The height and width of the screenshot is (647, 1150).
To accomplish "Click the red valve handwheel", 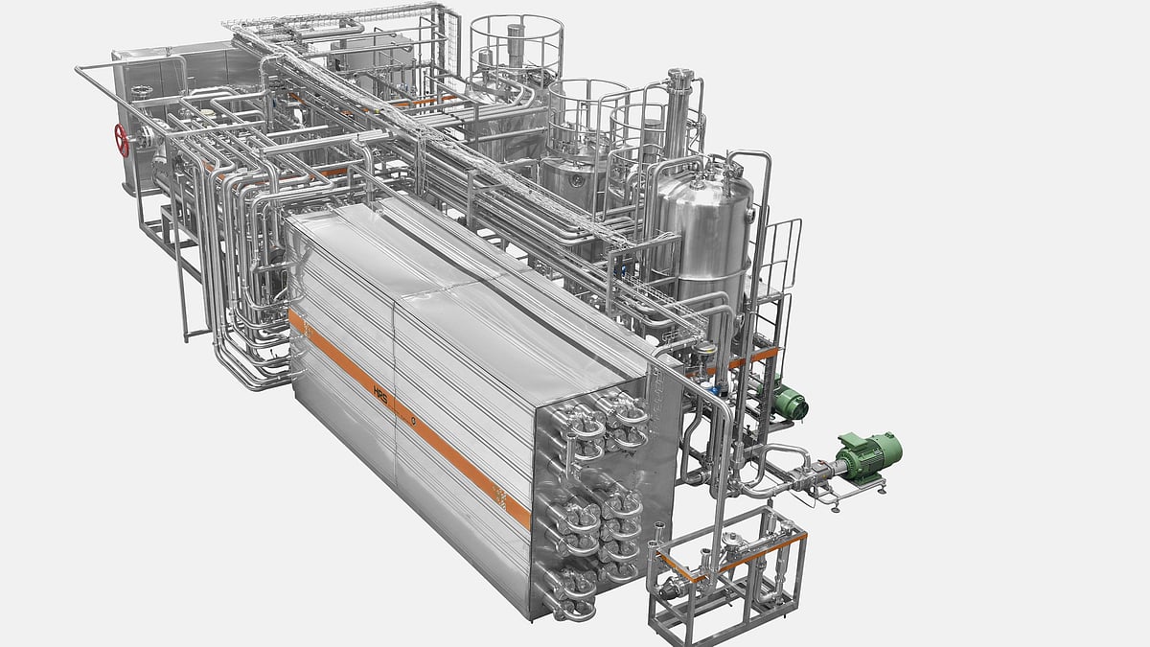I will click(122, 140).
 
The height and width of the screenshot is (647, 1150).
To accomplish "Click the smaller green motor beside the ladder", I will click(790, 402).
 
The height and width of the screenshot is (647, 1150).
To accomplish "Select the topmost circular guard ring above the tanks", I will click(516, 25).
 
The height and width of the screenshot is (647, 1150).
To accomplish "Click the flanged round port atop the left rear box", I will click(142, 92).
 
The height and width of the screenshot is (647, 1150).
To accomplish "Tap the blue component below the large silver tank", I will click(718, 390).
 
